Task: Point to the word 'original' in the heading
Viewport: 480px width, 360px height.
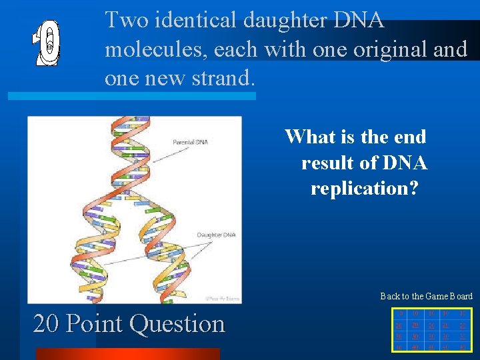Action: (378, 49)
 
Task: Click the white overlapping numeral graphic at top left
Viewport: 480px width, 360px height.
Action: (47, 45)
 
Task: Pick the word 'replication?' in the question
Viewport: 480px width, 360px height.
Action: (364, 188)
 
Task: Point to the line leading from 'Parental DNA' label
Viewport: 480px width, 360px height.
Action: (165, 152)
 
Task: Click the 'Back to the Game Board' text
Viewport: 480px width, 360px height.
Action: (426, 296)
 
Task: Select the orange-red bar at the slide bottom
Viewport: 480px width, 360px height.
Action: (127, 354)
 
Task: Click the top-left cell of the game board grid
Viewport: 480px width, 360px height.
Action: (399, 313)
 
